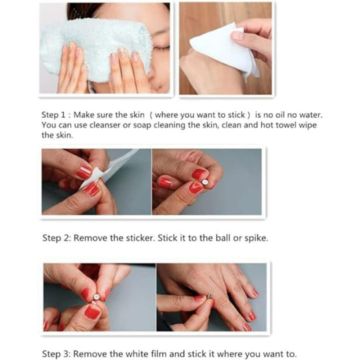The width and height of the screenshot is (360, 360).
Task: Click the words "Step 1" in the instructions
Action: click(x=53, y=115)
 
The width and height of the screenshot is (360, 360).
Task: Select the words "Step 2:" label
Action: click(x=56, y=238)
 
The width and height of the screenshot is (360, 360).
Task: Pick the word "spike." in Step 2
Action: click(x=256, y=238)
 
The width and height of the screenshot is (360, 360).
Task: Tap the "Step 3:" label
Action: click(x=55, y=354)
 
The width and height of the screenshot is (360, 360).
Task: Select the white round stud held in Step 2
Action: click(x=205, y=182)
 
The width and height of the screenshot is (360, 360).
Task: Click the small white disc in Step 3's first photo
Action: click(x=96, y=297)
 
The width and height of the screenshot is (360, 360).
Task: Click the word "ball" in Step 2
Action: click(x=222, y=238)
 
